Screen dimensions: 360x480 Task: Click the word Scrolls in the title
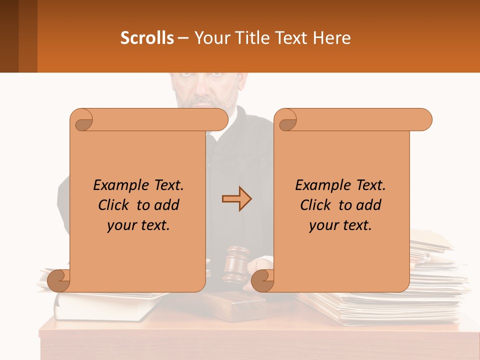click(147, 38)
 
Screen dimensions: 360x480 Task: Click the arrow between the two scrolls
click(236, 199)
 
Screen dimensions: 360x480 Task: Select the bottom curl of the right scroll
click(262, 280)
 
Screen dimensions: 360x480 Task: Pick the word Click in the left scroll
click(114, 205)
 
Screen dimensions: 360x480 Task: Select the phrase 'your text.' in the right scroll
click(340, 225)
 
